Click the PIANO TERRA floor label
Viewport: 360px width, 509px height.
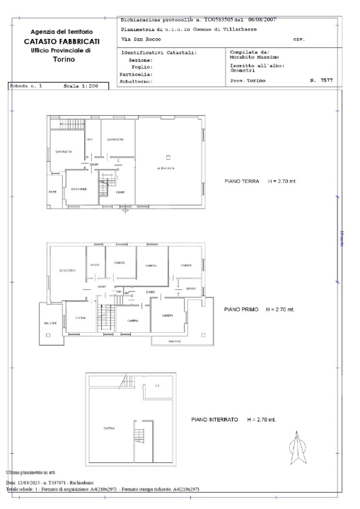point(241,181)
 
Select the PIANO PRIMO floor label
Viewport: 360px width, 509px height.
point(244,310)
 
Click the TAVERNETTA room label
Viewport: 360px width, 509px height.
point(63,151)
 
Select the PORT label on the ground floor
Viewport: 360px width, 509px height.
point(52,193)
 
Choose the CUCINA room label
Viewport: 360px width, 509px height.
point(81,318)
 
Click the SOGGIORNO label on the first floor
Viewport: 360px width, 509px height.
point(67,271)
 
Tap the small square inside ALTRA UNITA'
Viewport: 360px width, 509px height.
point(168,156)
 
